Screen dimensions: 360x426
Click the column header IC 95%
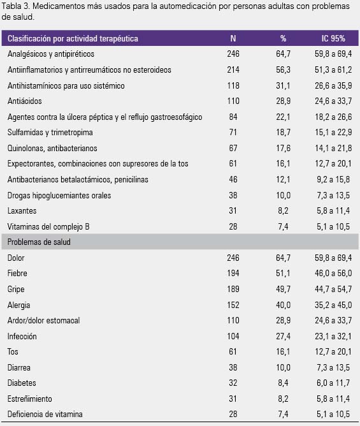[x=333, y=38]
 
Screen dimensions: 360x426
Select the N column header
[x=233, y=38]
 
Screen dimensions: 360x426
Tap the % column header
[x=283, y=38]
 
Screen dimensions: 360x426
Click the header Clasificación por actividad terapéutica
[x=73, y=38]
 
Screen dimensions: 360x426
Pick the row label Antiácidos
[x=25, y=101]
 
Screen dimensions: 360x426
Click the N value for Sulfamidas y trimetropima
[x=233, y=132]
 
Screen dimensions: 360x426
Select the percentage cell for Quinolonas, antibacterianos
[x=283, y=148]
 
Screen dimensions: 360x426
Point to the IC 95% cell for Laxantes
[x=333, y=210]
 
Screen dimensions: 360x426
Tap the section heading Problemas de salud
[x=39, y=242]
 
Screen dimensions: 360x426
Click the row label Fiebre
[x=17, y=273]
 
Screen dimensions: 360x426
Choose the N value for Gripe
[x=233, y=289]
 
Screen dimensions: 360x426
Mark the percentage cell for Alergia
[x=283, y=305]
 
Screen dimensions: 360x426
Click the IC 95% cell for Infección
[x=333, y=336]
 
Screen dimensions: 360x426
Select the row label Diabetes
[x=22, y=383]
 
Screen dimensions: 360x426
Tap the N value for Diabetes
[x=233, y=383]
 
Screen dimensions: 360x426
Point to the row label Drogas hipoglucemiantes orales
[x=59, y=195]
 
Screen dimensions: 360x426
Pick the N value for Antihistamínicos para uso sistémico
[x=233, y=85]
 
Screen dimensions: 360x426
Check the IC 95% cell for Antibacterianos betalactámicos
[x=333, y=179]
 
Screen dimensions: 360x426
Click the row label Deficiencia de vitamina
[x=45, y=414]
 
